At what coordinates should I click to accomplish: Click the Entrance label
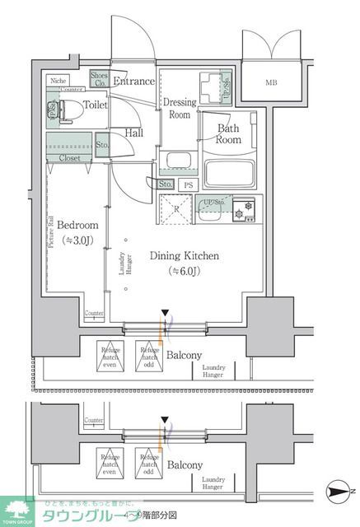[x=133, y=81]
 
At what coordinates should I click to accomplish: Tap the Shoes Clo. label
[x=99, y=80]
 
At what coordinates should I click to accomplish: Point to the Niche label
[x=58, y=81]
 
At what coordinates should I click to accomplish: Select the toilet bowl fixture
[x=72, y=108]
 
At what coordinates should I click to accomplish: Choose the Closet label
[x=68, y=156]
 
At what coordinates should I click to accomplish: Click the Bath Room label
[x=228, y=133]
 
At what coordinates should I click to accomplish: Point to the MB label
[x=271, y=83]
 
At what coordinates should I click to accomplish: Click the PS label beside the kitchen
[x=189, y=185]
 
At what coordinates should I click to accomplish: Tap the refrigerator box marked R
[x=176, y=208]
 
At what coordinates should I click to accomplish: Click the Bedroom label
[x=77, y=225]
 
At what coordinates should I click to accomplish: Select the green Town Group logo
[x=17, y=511]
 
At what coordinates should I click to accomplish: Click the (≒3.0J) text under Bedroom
[x=77, y=240]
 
